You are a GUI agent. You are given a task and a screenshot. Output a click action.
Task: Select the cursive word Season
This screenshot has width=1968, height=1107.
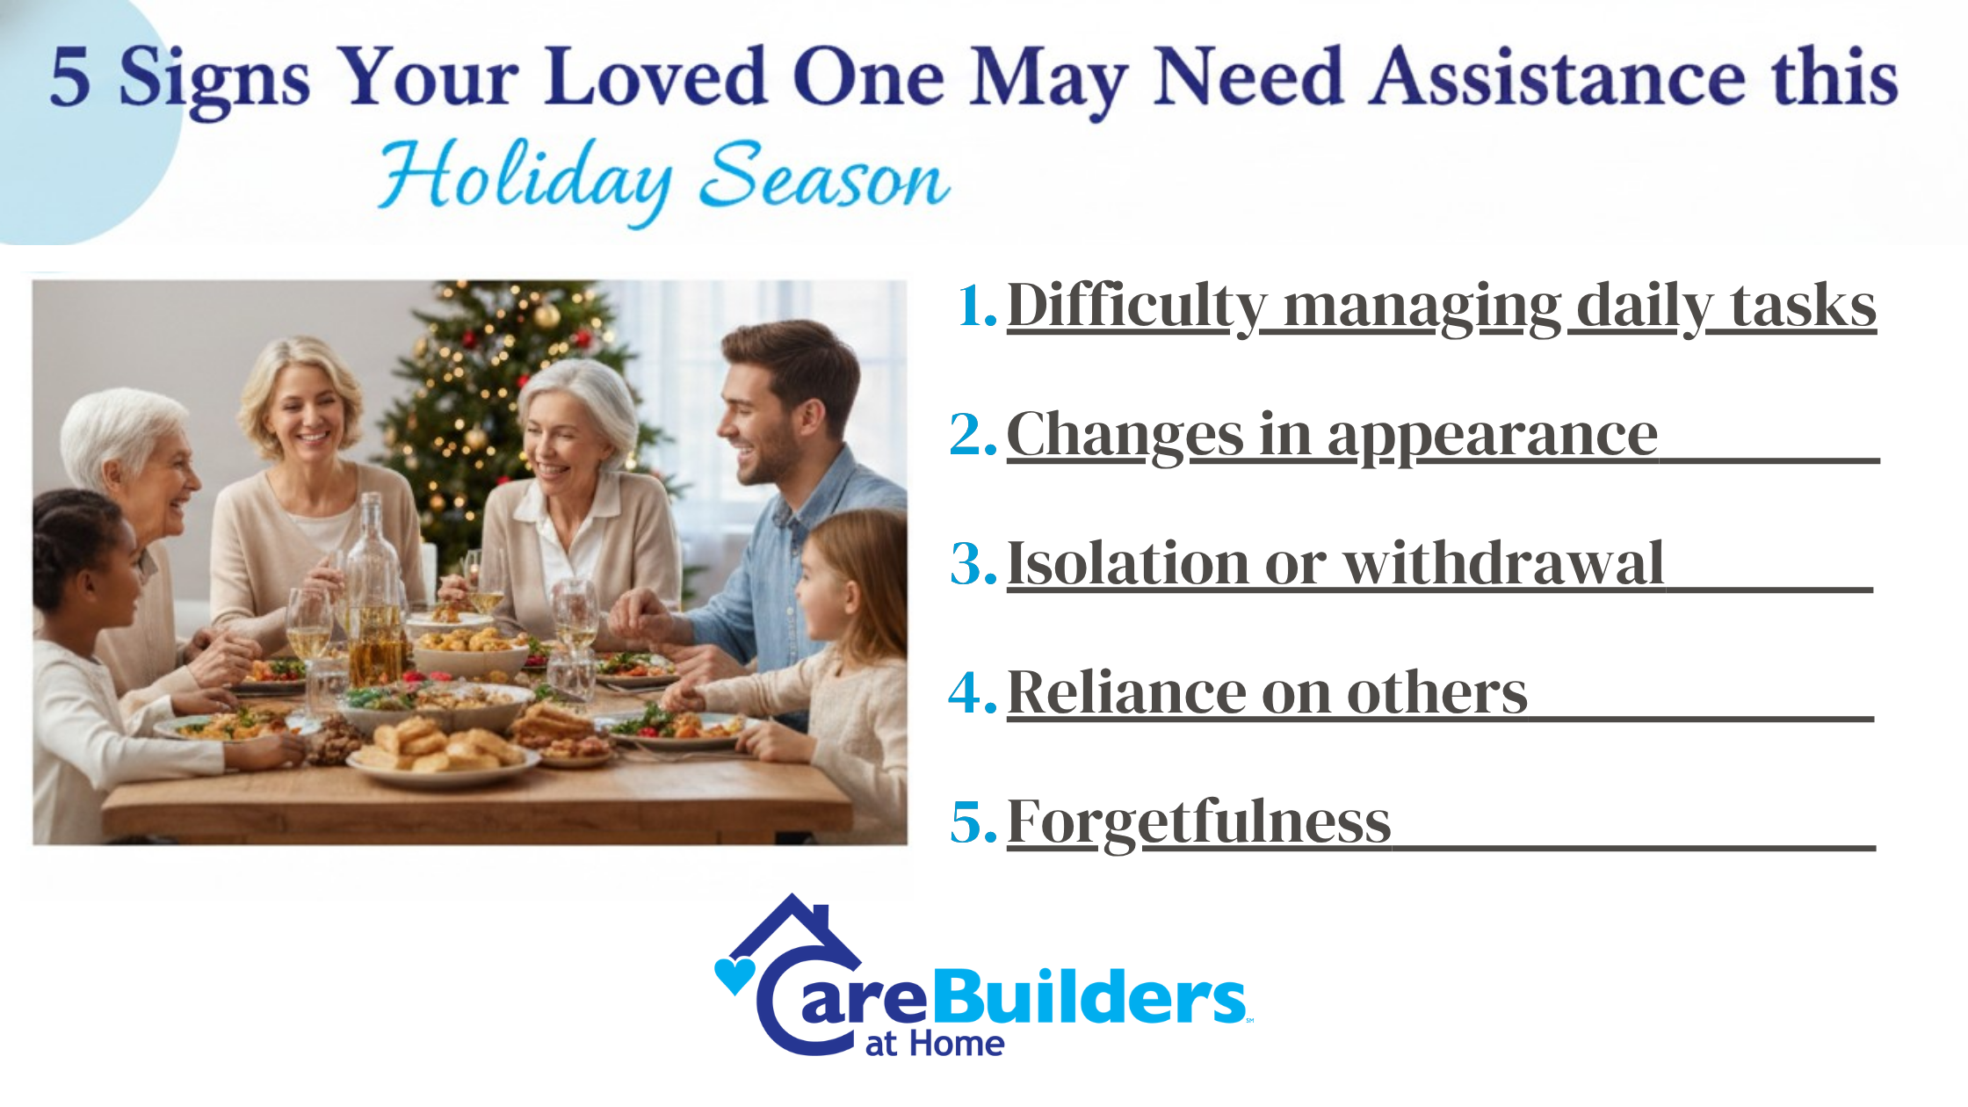pos(824,176)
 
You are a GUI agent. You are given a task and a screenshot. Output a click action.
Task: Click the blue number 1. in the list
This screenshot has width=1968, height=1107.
pos(977,306)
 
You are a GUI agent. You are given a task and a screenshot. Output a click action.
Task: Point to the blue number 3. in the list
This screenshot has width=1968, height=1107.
pos(973,563)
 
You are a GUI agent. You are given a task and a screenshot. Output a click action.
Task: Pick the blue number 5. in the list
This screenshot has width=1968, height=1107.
pos(973,821)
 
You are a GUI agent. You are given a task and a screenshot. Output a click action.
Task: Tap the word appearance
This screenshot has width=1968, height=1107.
pos(1492,437)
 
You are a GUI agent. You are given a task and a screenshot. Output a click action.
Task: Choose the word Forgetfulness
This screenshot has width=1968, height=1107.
pos(1198,822)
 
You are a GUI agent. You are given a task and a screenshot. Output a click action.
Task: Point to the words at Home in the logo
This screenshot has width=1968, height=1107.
pos(935,1044)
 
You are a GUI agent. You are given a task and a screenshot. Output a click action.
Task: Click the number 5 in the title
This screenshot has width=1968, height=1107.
pos(70,77)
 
